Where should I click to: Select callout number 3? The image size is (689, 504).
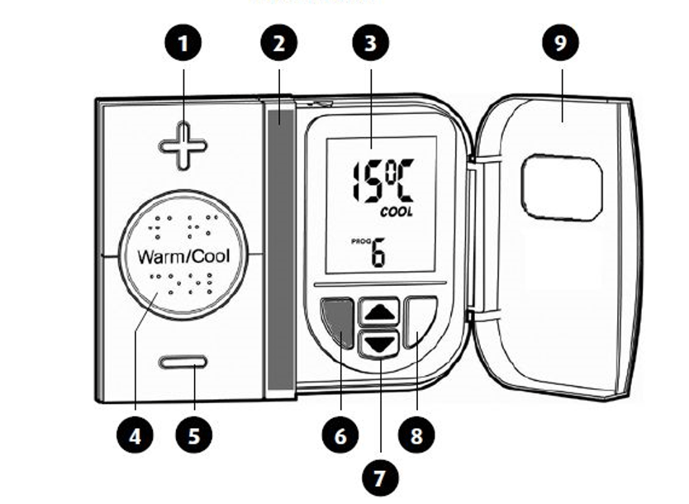(370, 44)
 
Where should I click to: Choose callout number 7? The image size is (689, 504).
(380, 477)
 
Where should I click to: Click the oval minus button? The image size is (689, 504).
(183, 363)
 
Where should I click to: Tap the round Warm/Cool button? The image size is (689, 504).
(183, 255)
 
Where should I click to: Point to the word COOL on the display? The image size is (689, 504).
(397, 212)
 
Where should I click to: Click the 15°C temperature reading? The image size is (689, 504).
(381, 182)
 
